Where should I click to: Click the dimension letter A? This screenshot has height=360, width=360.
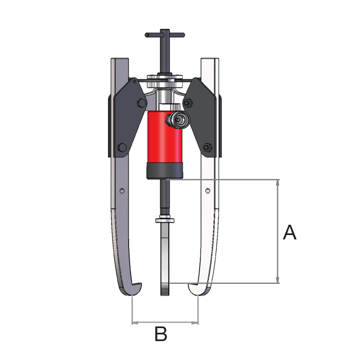290,232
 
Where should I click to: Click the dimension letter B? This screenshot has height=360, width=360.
161,334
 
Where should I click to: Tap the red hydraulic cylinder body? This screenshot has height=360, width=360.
165,137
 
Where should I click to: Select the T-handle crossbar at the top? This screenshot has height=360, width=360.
165,35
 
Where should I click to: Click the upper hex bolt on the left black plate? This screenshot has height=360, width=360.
141,103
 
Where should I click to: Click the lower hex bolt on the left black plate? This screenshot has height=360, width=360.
122,147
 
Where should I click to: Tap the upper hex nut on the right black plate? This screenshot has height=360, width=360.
188,102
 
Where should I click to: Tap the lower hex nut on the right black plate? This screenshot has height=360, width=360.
208,147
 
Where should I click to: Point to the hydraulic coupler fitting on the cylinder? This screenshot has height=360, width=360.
178,120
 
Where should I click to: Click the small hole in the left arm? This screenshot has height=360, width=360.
122,190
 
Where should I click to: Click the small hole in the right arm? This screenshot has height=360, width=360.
208,190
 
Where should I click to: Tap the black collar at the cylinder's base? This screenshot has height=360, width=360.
165,171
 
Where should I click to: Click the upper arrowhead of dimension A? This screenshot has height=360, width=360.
278,183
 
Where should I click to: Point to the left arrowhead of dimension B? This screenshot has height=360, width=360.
135,323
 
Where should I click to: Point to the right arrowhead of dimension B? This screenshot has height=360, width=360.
195,323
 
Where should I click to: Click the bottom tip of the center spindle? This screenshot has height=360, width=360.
165,295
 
